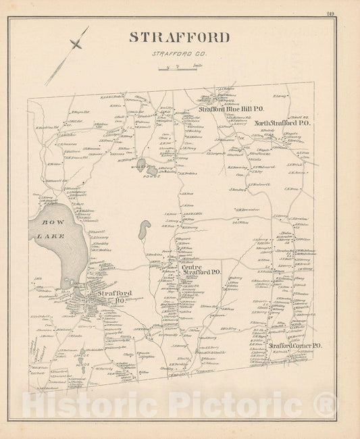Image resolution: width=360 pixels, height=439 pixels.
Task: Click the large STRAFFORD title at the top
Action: pos(180,37)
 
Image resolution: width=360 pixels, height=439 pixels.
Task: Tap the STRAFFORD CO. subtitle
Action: pos(180,55)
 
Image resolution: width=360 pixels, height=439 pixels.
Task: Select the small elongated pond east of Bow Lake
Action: pos(144,232)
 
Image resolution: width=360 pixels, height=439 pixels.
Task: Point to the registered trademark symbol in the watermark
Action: pos(326,406)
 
